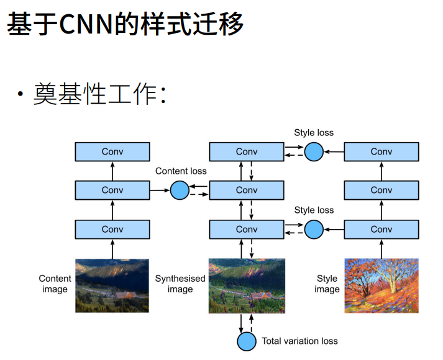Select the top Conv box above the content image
pos(112,151)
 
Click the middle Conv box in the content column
pos(112,190)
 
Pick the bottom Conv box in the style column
pos(381,229)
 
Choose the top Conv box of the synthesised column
pos(247,151)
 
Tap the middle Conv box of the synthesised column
pos(247,190)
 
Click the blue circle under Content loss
pos(180,190)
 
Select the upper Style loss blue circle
pos(314,151)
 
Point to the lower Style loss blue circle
pos(314,229)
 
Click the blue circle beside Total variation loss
pos(247,341)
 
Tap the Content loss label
pos(181,171)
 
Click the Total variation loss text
pos(299,341)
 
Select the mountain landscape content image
pos(112,285)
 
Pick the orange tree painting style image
pos(381,285)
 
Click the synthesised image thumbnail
pos(247,285)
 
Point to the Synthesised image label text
pos(180,284)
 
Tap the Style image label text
pos(327,284)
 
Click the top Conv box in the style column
pos(381,151)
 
